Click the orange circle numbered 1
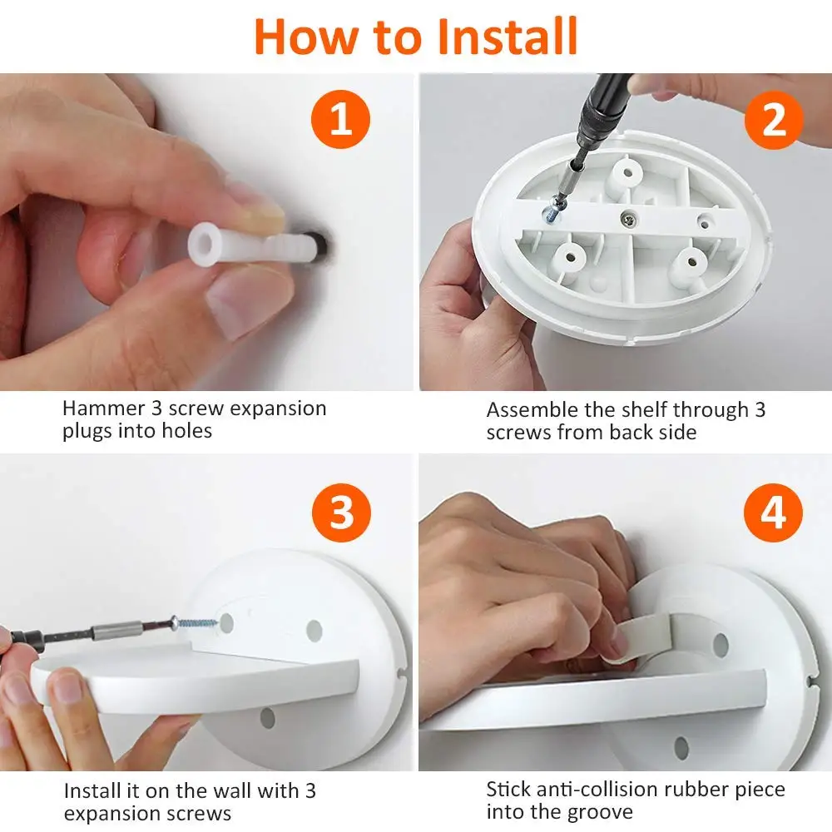coord(340,119)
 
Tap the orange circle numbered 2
coord(774,120)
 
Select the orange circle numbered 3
coord(341,513)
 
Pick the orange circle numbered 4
coord(773,513)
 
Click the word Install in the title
coord(508,37)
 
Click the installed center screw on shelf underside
coord(630,217)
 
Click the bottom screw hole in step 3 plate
coord(267,718)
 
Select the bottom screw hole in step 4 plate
coord(681,748)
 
